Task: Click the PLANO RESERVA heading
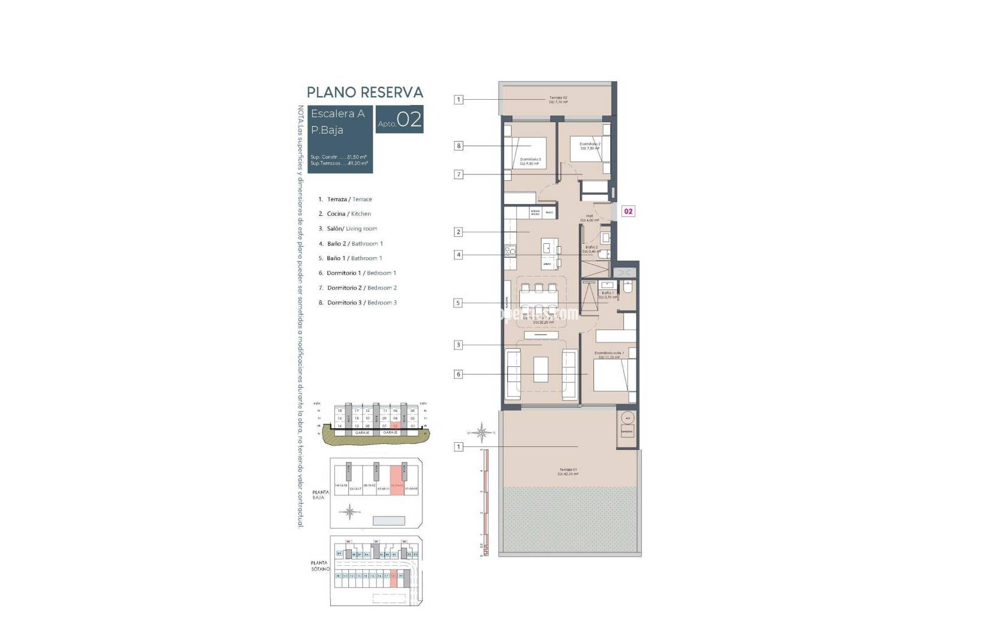coord(365,92)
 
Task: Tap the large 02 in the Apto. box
coord(410,120)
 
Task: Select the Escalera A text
coord(338,114)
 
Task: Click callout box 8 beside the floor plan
coord(459,146)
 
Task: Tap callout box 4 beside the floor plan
coord(459,255)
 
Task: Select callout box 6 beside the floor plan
coord(459,374)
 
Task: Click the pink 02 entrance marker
coord(628,211)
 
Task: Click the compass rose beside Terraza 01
coord(482,432)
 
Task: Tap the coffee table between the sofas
coord(540,369)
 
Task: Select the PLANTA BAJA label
coord(321,495)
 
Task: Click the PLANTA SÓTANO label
coord(320,566)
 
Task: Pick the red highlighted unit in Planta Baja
coord(397,481)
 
